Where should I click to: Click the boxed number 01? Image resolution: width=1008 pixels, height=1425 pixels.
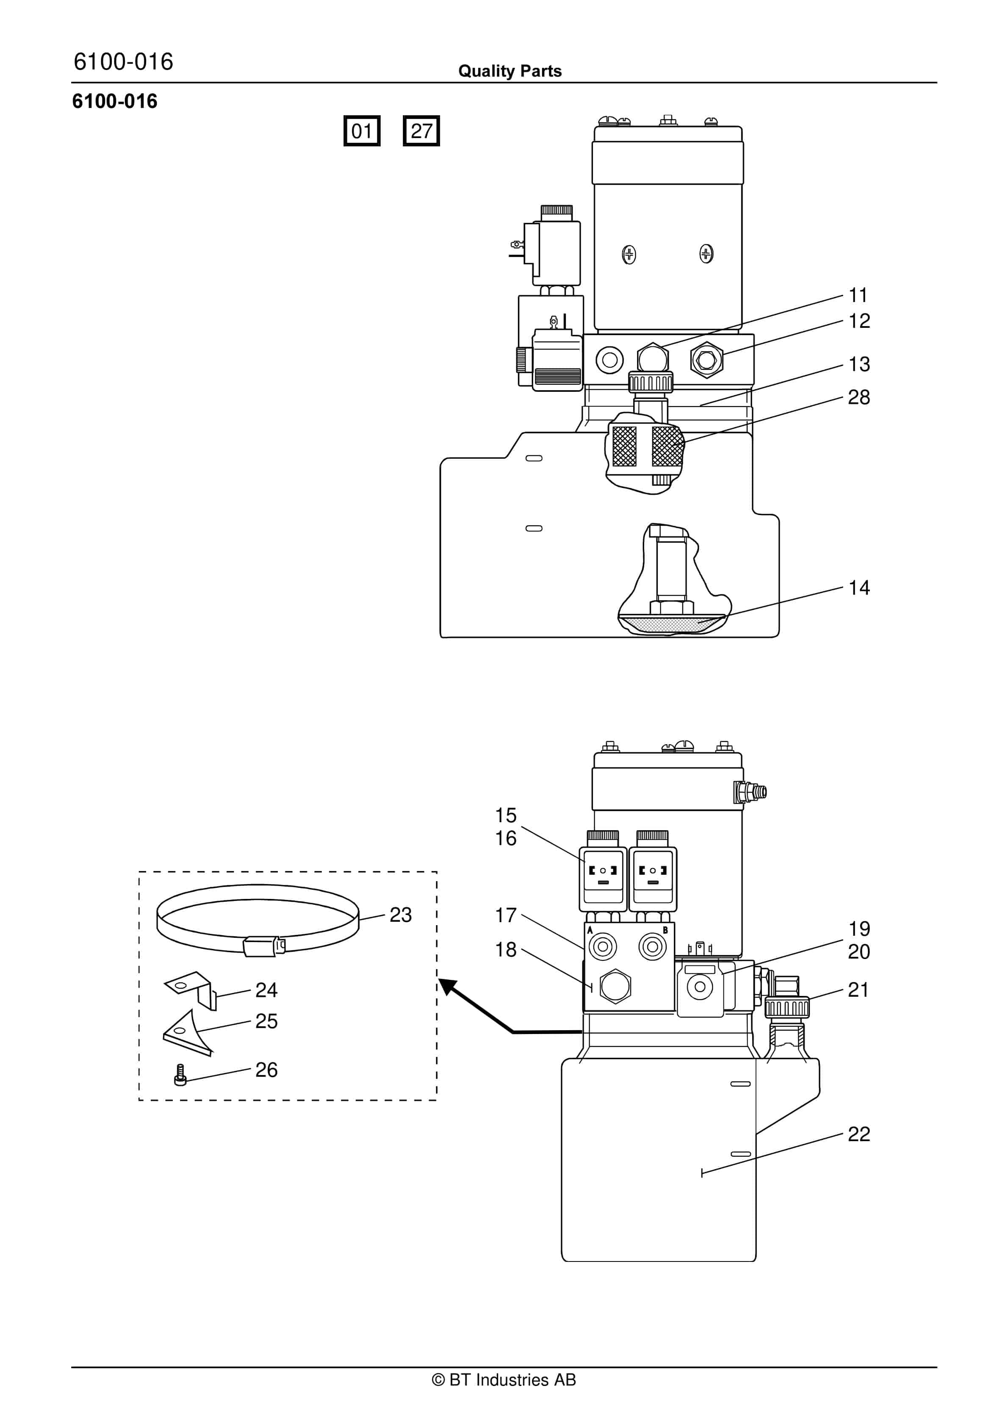[x=362, y=131]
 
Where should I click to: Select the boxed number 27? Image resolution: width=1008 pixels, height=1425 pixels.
[x=421, y=131]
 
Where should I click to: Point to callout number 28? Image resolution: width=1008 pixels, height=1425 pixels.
[x=859, y=397]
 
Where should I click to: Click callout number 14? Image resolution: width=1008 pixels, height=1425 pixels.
[x=859, y=588]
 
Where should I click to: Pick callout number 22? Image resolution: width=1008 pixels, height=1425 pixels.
[x=859, y=1134]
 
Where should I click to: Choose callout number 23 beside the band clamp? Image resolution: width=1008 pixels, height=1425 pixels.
[x=400, y=915]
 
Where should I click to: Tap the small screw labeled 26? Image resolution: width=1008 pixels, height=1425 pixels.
[x=180, y=1076]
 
